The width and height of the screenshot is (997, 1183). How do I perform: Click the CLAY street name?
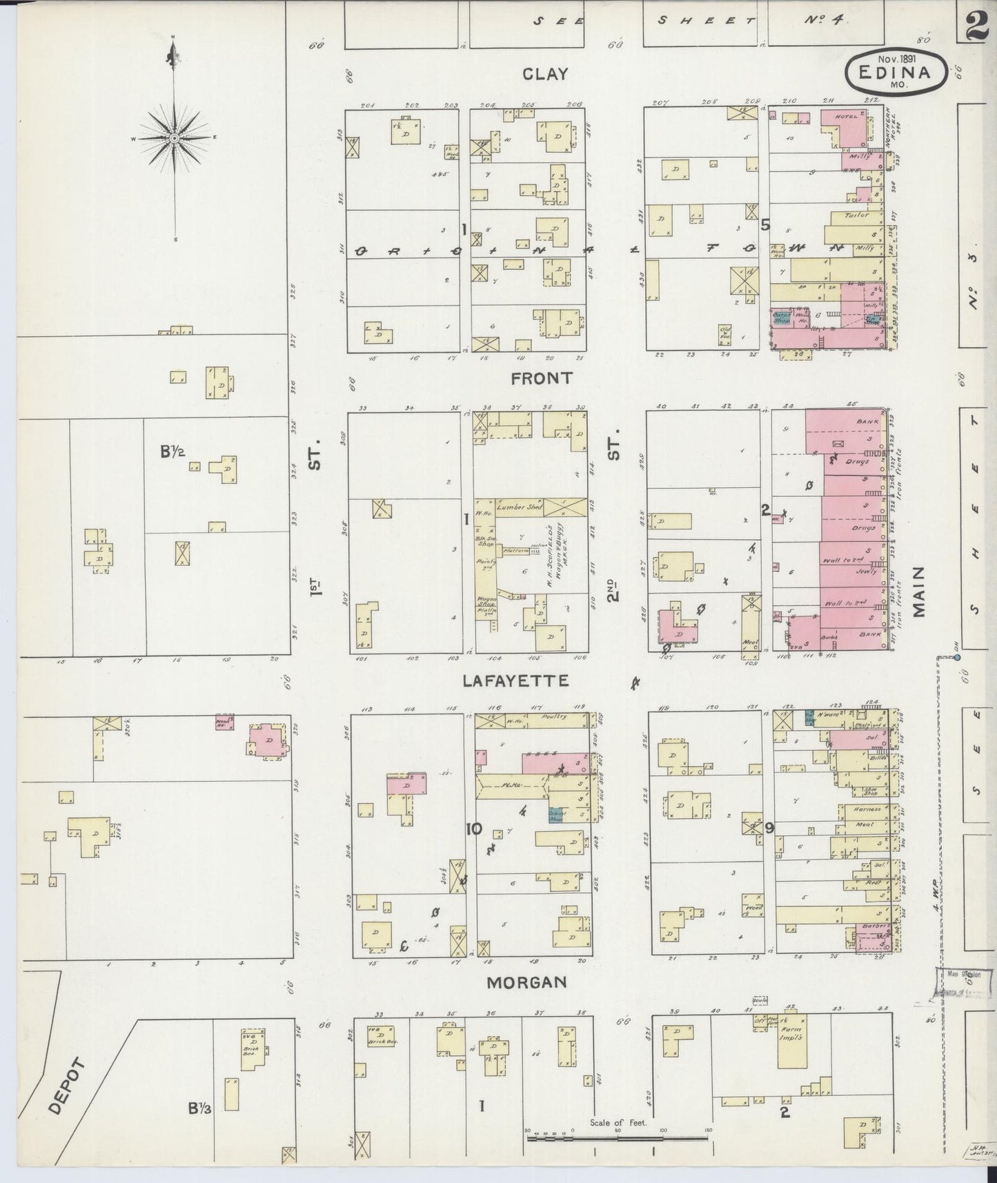point(544,75)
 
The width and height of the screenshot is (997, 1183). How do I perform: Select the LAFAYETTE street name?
point(515,681)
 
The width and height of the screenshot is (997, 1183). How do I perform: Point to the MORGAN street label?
point(527,982)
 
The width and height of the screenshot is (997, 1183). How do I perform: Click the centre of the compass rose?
point(175,138)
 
